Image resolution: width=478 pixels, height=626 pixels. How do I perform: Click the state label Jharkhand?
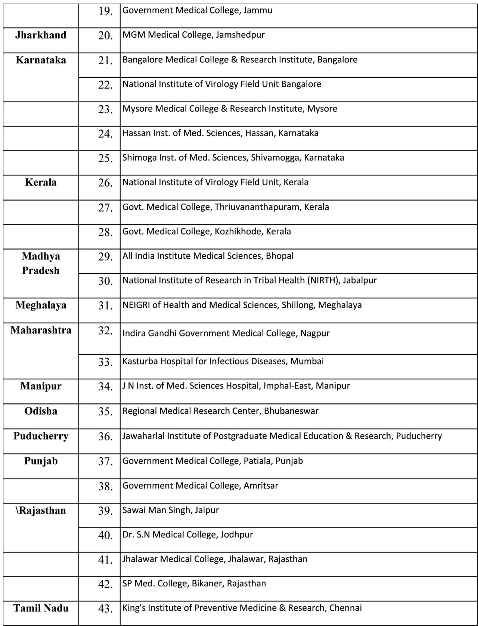coord(41,35)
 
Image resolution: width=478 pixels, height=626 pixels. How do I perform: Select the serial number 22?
coord(105,85)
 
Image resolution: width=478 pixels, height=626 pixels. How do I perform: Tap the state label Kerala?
coord(41,182)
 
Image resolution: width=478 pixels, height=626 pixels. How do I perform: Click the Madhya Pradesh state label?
coord(41,263)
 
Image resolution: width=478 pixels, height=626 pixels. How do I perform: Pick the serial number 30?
coord(105,281)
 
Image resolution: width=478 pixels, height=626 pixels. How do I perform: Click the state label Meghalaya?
coord(41,305)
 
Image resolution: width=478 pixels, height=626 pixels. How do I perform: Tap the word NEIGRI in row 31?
coord(136,305)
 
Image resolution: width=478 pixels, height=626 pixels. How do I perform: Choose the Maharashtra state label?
coord(41,330)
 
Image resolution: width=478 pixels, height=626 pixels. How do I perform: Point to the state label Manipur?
coord(41,386)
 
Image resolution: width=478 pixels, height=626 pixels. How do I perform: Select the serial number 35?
coord(105,412)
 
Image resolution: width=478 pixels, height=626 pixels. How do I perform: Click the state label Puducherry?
coord(41,436)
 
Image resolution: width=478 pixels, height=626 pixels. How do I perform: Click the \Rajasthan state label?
coord(41,510)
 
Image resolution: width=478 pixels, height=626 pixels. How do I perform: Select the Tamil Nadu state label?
coord(41,608)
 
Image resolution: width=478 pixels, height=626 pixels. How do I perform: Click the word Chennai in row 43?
coord(345,608)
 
